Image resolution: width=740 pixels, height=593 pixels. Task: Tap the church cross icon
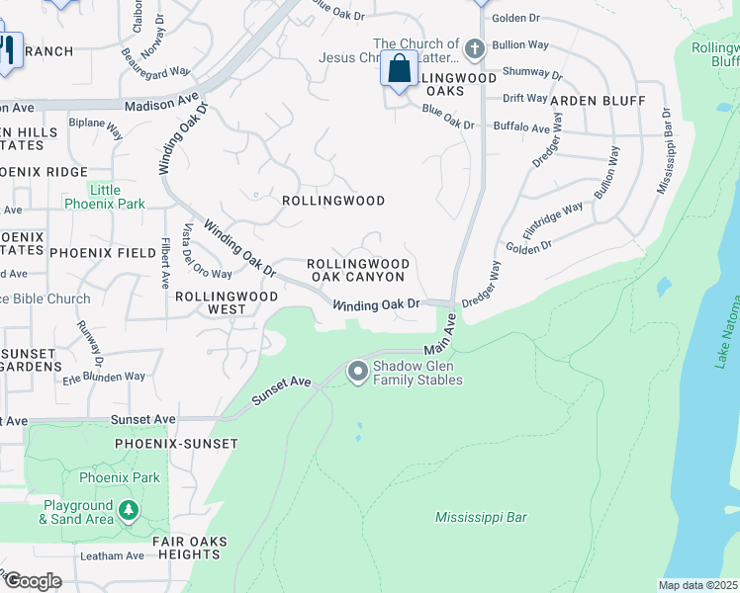coord(475,47)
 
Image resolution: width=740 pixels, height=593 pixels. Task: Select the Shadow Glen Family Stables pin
coord(357,372)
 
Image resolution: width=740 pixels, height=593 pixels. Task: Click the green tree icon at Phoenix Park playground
coord(128,510)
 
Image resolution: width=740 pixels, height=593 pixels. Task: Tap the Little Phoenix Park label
coord(104,197)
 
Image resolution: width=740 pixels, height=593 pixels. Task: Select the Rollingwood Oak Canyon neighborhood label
coord(357,271)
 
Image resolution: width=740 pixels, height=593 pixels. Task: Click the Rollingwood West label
coord(210,302)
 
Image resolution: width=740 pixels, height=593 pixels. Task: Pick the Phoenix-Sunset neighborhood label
coord(176,444)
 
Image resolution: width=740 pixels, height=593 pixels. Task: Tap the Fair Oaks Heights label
coord(190,549)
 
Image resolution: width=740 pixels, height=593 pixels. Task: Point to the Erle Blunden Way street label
coord(103,377)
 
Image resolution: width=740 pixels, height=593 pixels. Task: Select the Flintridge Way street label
coord(552,225)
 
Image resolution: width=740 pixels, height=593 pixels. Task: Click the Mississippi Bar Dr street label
coord(665,150)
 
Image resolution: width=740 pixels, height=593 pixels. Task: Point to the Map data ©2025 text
coord(697,585)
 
